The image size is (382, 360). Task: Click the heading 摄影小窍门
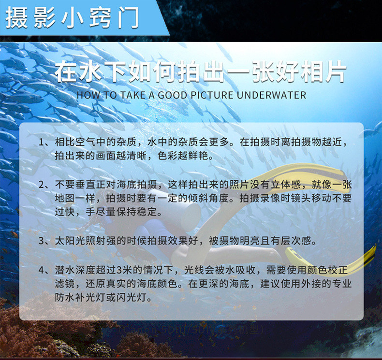coord(73,17)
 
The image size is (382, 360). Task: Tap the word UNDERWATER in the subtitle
coord(271,95)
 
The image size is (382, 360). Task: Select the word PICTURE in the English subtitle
coord(210,95)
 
